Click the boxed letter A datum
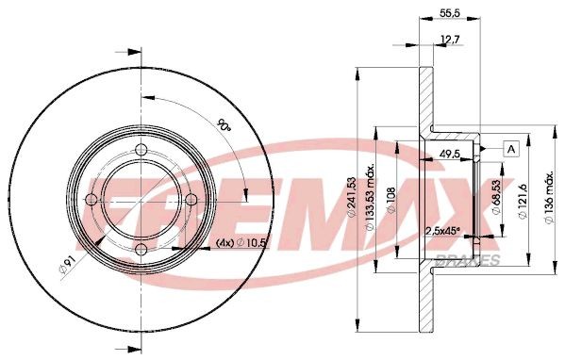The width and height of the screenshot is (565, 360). point(511,148)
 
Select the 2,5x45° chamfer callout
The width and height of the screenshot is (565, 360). point(446,231)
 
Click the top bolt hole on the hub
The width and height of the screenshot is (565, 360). point(141,151)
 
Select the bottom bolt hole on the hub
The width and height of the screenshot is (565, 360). point(141,250)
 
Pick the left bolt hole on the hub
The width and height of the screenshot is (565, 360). point(91,200)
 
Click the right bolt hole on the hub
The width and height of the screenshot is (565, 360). point(191,200)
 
